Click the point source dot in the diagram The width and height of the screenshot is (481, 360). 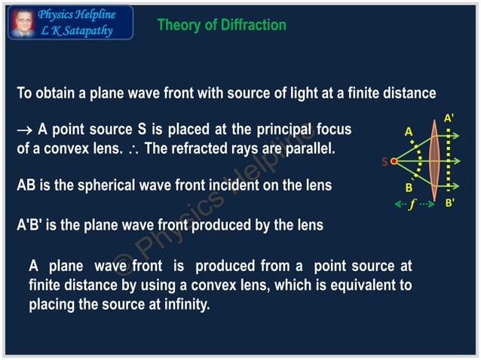pos(394,160)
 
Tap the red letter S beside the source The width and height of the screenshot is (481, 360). pos(384,161)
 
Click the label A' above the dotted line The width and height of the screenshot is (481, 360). pos(449,118)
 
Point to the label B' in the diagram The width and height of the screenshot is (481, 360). pos(449,203)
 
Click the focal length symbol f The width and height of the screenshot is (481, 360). pos(412,204)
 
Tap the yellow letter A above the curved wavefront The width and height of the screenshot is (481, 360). pos(409,132)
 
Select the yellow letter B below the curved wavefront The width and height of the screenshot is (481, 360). pos(409,188)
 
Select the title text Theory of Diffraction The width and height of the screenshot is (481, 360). pos(221,25)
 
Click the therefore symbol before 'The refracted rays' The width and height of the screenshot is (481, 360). pos(134,149)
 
